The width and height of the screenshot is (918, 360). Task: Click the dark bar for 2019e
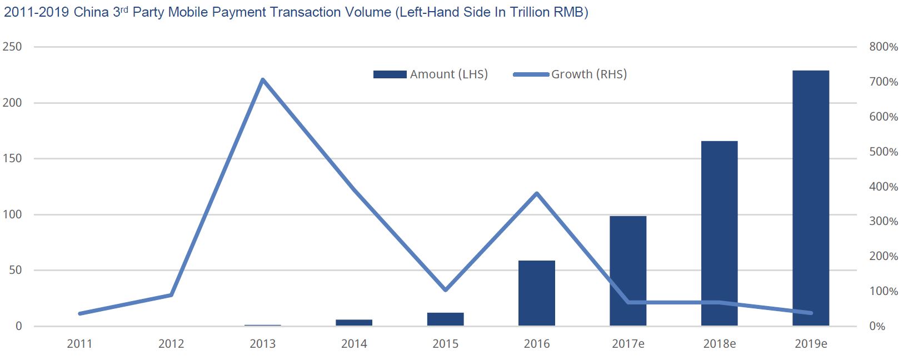pos(811,198)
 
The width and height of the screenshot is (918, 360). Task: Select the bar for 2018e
pos(719,233)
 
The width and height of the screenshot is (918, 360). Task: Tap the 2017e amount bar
pos(628,271)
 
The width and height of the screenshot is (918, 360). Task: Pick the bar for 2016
pos(536,293)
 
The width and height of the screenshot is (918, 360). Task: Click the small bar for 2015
pos(446,319)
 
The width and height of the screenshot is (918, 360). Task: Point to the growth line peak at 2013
pos(263,79)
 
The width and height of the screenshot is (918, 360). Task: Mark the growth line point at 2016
pos(537,193)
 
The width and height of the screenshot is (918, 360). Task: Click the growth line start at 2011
pos(80,314)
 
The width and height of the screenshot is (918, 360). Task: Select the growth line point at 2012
pos(171,295)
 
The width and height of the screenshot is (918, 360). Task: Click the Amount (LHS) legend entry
pos(431,74)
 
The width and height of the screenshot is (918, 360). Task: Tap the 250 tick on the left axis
pos(12,47)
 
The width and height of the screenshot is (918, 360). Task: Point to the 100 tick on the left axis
pos(12,214)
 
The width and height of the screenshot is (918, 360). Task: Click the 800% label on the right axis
pos(884,47)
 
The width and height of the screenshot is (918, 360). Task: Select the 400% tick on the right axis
pos(884,187)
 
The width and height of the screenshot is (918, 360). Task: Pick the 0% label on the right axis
pos(877,327)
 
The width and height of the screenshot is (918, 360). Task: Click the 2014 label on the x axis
pos(354,344)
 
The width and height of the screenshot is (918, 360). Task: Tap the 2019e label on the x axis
pos(811,344)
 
